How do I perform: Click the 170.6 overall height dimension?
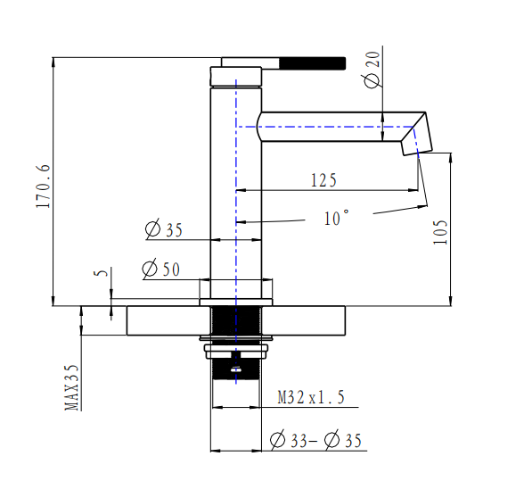pos(42,186)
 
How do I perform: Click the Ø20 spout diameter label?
pos(372,70)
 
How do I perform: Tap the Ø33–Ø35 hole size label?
pos(316,440)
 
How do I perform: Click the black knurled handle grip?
pos(313,62)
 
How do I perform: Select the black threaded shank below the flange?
pos(236,321)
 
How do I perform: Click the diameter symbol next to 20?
pos(372,79)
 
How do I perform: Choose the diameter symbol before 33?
pos(277,440)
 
